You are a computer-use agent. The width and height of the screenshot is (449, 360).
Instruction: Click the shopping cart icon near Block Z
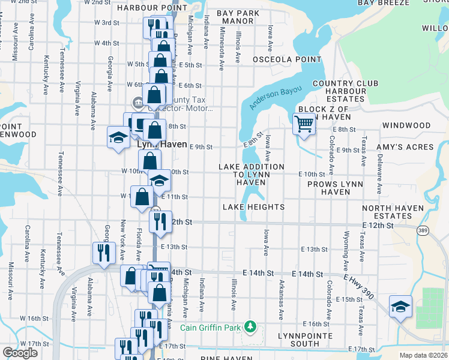[304, 124]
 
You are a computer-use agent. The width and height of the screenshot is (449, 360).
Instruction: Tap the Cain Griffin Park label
[211, 327]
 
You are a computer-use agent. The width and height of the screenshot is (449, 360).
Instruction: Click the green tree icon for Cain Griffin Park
[254, 327]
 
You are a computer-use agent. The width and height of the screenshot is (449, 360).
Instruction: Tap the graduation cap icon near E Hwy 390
[400, 307]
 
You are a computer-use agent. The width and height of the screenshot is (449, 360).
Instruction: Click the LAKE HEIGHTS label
[253, 207]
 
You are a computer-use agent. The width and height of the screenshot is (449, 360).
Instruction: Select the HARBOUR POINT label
[144, 8]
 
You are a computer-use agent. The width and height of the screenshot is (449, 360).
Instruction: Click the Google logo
[20, 353]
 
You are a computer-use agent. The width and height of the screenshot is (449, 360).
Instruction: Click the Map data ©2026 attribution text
[423, 355]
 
